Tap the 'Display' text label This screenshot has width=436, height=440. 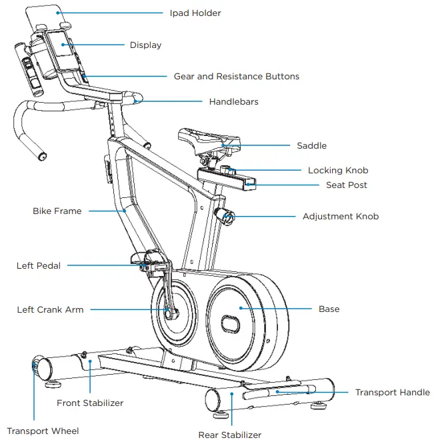(x=145, y=45)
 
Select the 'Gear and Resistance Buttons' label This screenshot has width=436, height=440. (x=236, y=77)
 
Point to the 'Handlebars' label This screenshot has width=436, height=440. (x=233, y=102)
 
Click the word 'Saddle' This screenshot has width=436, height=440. (x=311, y=145)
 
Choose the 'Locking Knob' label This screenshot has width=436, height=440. (x=338, y=171)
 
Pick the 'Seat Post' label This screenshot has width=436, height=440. (x=346, y=185)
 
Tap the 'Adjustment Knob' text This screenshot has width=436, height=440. (x=340, y=217)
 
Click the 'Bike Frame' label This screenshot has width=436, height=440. (x=57, y=211)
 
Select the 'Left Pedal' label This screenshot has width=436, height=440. (x=38, y=266)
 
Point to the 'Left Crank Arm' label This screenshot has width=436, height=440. (x=50, y=310)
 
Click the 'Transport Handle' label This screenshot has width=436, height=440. (x=392, y=393)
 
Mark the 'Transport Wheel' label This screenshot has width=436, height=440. (x=43, y=431)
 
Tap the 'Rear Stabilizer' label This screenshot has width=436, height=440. (x=229, y=435)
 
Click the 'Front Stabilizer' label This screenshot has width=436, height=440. (x=90, y=403)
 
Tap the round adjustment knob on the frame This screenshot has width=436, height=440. (x=225, y=217)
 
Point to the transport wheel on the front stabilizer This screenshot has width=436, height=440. (x=35, y=367)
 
